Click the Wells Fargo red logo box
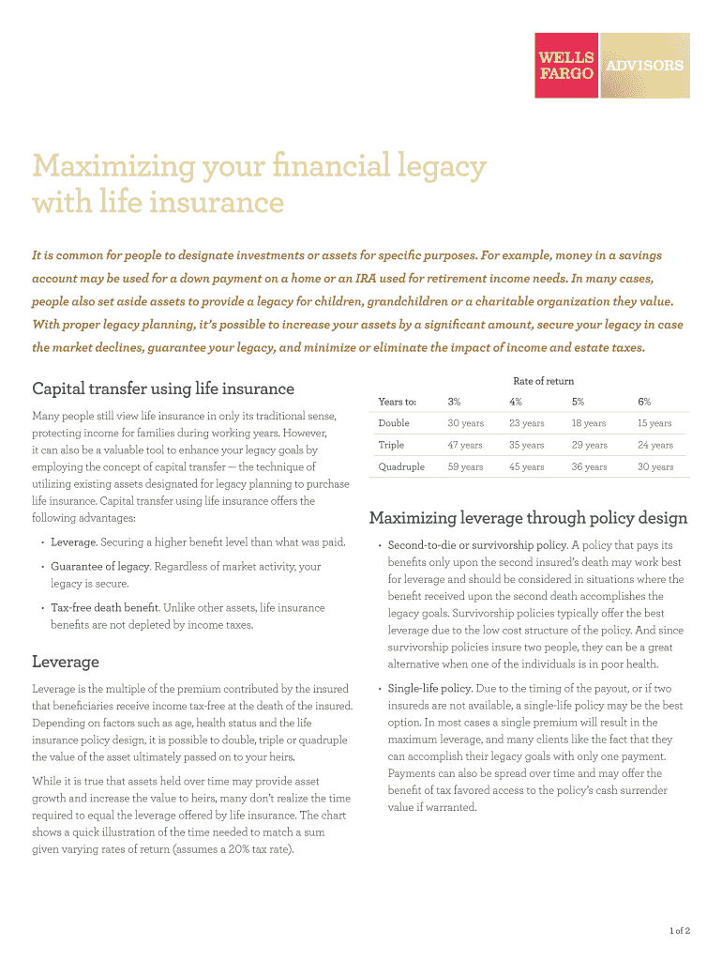click(x=566, y=65)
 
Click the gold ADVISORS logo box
click(x=644, y=65)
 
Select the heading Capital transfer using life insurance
click(x=163, y=389)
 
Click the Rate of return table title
click(x=543, y=381)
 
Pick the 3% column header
click(x=454, y=402)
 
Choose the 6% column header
click(x=644, y=402)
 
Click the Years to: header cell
click(x=397, y=402)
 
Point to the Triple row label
click(x=391, y=445)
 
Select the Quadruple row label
click(x=401, y=466)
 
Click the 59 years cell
click(x=465, y=466)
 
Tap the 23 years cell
click(x=527, y=423)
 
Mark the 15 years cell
click(x=654, y=423)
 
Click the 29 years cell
click(x=590, y=445)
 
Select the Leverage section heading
click(x=65, y=662)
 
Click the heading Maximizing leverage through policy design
click(x=528, y=518)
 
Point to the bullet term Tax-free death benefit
click(x=104, y=608)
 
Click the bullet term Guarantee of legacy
click(x=100, y=567)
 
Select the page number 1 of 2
click(x=680, y=931)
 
